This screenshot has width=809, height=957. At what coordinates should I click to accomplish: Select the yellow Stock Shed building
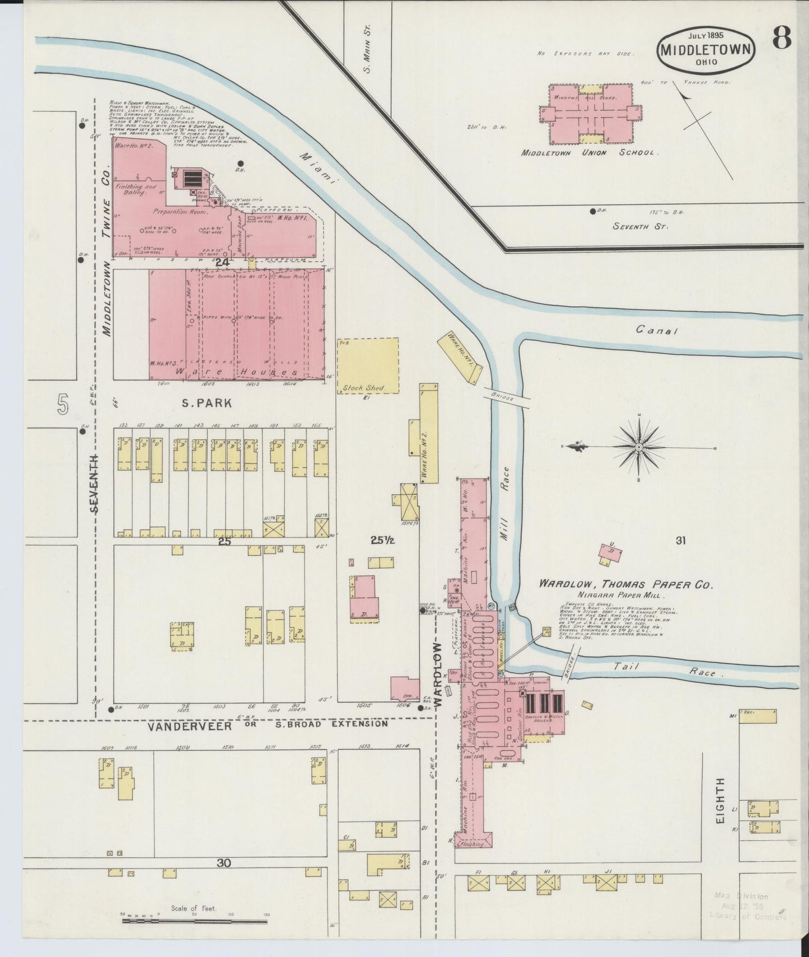coord(368,365)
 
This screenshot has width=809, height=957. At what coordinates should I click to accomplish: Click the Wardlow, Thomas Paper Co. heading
coord(625,584)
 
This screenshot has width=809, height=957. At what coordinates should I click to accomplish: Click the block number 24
coord(222,261)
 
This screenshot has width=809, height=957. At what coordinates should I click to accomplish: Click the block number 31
coord(680,541)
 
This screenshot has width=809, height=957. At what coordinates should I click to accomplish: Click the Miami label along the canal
coord(319,168)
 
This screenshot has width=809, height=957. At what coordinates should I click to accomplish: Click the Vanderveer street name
coord(189,726)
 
